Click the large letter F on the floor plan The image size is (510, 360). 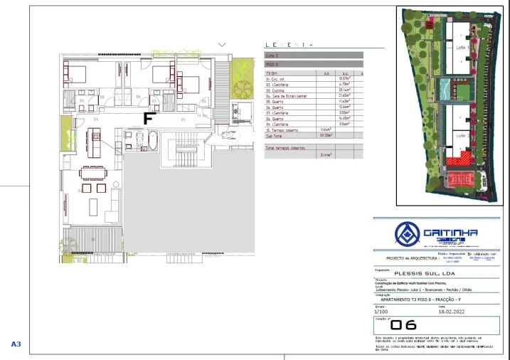pyautogui.click(x=149, y=117)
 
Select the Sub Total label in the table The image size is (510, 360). pyautogui.click(x=275, y=134)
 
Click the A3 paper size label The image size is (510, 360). pyautogui.click(x=16, y=344)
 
